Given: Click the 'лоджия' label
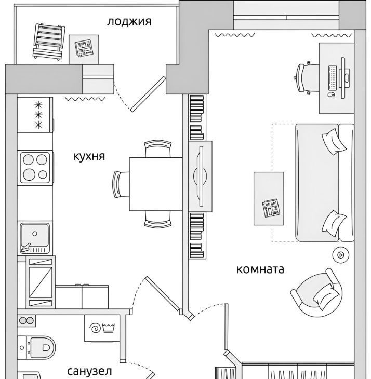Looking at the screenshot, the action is coord(129,22).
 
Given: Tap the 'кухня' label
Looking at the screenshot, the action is coord(89,156).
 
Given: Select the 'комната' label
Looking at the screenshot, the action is coord(260,269).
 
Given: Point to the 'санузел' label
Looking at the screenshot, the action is coord(89,371).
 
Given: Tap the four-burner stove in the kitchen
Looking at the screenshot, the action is coord(35,167).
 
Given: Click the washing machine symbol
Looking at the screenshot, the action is coord(102,328).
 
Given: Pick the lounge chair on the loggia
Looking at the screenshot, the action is coord(49,41).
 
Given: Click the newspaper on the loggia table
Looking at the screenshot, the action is coord(84,48).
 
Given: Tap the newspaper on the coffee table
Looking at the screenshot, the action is coord(271,208).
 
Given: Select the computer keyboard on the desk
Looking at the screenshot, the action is coord(333,77).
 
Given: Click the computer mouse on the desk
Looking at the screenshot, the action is coord(331,94).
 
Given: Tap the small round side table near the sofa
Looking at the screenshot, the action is coord(341,254).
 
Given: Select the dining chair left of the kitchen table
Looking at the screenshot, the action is coord(121,184).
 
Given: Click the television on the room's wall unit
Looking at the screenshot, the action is coord(200,176).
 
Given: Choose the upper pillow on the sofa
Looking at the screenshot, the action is coord(334,141).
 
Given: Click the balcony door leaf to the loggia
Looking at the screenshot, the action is coord(148,94).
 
